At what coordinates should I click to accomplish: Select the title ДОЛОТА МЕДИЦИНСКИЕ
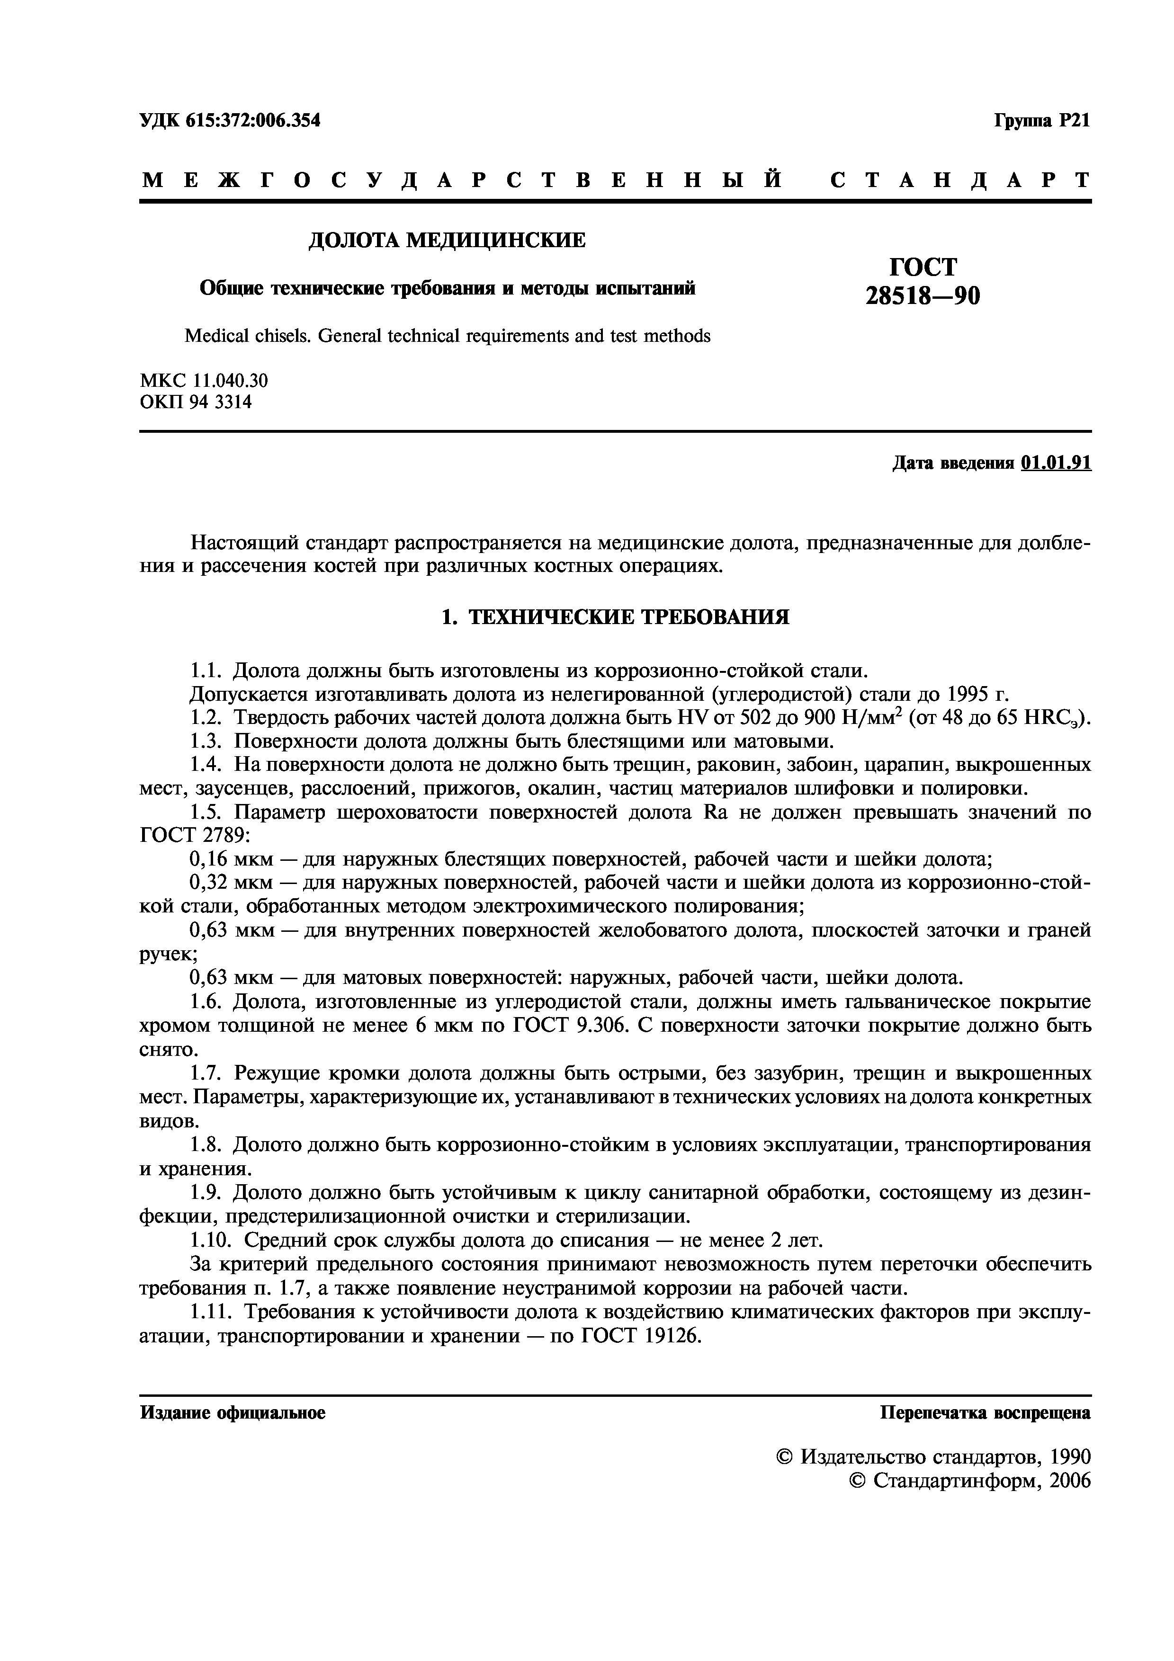(x=447, y=240)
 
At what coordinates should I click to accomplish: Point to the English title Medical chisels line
(x=447, y=336)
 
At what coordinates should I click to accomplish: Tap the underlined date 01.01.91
(x=1056, y=463)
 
